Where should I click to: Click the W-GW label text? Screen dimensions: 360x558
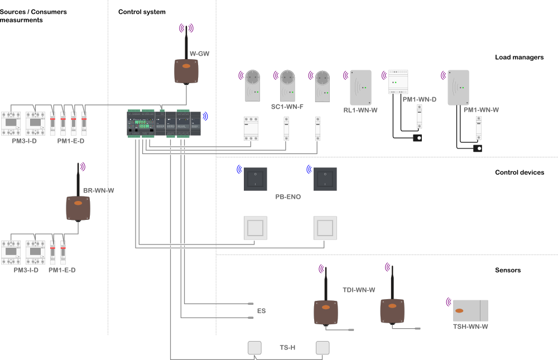[x=199, y=54]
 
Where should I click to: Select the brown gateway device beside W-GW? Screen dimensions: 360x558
[x=186, y=71]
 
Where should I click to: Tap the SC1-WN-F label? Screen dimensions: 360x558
[x=287, y=106]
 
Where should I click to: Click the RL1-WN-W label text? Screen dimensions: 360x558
[x=360, y=110]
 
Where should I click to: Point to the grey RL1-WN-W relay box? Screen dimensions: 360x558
[x=360, y=87]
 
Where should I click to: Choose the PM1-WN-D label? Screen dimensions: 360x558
[x=419, y=99]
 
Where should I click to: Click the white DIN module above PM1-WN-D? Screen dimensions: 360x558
[x=398, y=81]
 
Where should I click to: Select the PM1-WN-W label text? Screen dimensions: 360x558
[x=481, y=110]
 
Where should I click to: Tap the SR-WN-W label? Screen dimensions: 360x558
[x=98, y=190]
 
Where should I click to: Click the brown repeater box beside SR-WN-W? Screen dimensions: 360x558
[x=78, y=208]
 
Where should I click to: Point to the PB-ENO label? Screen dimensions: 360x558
[x=288, y=197]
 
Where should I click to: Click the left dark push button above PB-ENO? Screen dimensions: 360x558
[x=255, y=179]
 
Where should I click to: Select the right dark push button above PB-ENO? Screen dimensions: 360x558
[x=325, y=179]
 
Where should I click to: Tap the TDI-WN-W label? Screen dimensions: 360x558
[x=359, y=290]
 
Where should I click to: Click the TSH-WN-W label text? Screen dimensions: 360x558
[x=470, y=327]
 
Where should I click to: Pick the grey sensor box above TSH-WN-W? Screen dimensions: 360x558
[x=470, y=310]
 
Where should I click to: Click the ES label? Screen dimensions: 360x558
[x=261, y=311]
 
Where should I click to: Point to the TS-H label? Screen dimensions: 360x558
[x=287, y=348]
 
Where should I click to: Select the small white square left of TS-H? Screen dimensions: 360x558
[x=254, y=348]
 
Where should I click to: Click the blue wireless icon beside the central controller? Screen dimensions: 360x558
[x=205, y=116]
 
